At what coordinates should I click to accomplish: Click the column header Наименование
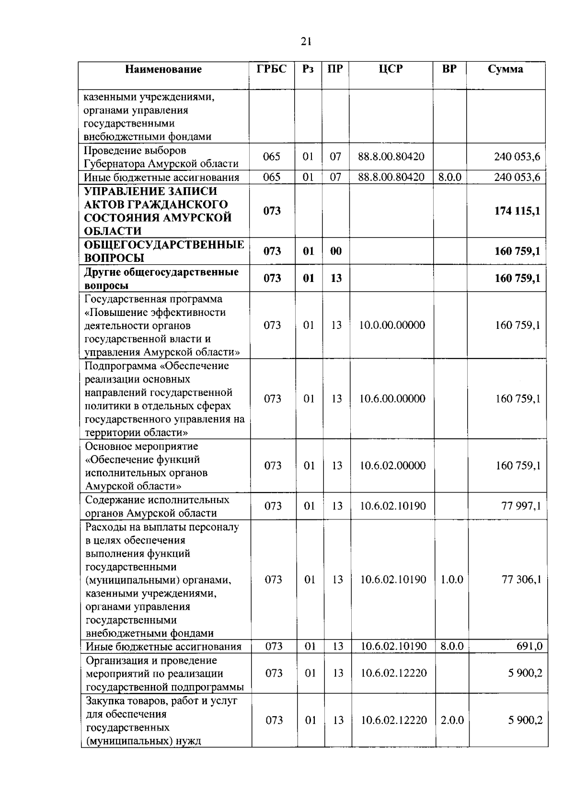click(163, 69)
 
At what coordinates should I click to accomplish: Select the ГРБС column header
click(271, 69)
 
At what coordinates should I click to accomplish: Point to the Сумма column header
click(506, 69)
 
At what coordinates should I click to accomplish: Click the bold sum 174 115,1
click(517, 211)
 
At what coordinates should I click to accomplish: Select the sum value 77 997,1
click(521, 506)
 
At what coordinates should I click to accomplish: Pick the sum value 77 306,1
click(521, 580)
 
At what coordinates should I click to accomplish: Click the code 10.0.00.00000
click(392, 326)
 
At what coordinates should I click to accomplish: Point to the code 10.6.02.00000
click(392, 466)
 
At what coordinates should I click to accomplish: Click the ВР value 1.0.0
click(452, 580)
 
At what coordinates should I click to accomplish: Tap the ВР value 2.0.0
click(452, 720)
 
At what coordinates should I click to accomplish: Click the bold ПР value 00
click(336, 251)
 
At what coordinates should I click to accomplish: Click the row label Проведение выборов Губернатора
click(161, 157)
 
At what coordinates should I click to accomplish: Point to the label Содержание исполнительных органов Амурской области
click(157, 506)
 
